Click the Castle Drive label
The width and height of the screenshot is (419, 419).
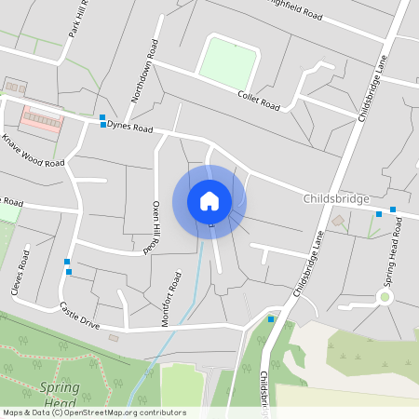point(78,314)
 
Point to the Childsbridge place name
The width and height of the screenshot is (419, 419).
point(337,199)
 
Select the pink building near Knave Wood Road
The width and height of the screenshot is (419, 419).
point(42,120)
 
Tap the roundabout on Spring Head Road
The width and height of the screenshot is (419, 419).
point(383,297)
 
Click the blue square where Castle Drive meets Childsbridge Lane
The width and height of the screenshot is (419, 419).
point(271,319)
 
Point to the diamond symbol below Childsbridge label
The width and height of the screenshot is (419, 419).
point(338,221)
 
